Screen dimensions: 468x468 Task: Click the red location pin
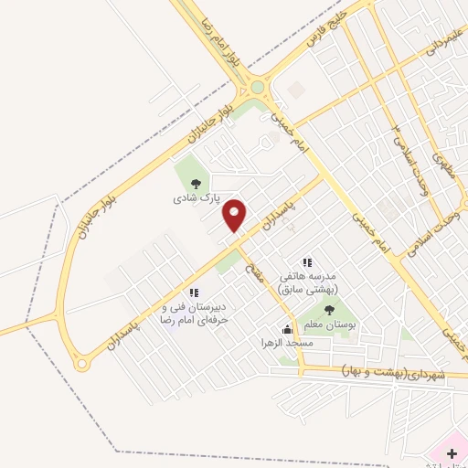[236, 215]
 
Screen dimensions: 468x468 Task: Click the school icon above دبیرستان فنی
[193, 292]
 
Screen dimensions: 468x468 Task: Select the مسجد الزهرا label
[287, 342]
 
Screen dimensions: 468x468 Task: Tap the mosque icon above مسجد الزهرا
[287, 329]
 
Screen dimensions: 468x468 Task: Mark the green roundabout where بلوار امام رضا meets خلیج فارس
[257, 88]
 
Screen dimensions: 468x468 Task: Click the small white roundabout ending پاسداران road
[82, 365]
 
